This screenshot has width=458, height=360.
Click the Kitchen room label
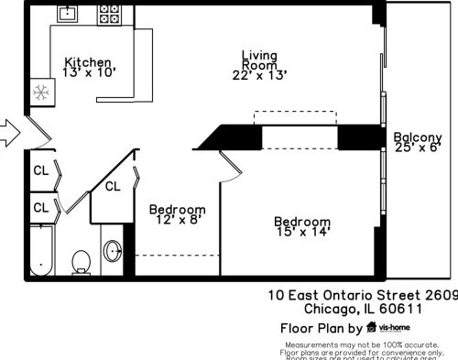88,61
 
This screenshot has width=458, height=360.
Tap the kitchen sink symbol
69,14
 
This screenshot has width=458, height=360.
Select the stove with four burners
111,13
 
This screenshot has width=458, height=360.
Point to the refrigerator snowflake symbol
40,92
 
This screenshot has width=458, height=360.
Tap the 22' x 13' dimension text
259,75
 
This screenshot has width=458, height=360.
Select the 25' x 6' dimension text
418,146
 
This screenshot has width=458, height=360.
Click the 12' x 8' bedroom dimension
177,221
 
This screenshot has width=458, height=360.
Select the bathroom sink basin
113,249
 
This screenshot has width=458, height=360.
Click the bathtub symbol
39,249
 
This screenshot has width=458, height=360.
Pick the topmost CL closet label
41,170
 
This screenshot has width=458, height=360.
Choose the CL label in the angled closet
113,187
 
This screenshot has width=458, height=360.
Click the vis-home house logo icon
371,327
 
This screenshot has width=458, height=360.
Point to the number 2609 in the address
438,295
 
